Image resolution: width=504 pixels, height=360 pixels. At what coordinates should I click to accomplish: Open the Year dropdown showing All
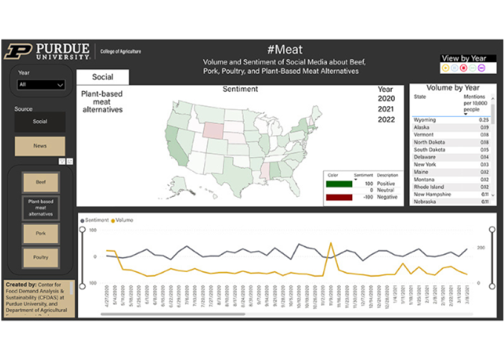click(x=40, y=85)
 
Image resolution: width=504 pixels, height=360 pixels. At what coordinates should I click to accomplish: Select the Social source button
click(x=40, y=122)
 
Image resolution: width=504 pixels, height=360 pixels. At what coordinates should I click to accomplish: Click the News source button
click(x=40, y=146)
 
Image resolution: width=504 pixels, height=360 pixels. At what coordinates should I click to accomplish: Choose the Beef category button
click(x=40, y=182)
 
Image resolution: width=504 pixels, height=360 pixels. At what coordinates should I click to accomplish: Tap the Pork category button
click(x=40, y=233)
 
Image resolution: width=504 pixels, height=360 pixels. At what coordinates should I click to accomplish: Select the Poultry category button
click(x=40, y=257)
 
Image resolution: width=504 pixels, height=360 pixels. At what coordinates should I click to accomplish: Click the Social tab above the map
click(x=103, y=77)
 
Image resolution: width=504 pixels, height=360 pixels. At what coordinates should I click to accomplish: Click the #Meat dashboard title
click(x=285, y=50)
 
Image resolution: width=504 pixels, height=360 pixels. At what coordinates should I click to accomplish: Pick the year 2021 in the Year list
click(x=386, y=109)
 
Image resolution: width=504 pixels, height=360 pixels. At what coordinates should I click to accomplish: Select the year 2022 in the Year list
click(x=386, y=119)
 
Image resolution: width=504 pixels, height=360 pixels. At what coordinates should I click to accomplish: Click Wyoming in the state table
click(x=425, y=120)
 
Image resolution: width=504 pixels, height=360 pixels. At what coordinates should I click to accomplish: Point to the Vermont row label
click(x=424, y=135)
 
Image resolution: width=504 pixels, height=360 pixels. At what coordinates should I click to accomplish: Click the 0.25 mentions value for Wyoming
click(x=484, y=120)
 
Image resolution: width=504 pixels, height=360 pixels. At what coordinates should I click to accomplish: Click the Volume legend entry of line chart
click(x=122, y=220)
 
